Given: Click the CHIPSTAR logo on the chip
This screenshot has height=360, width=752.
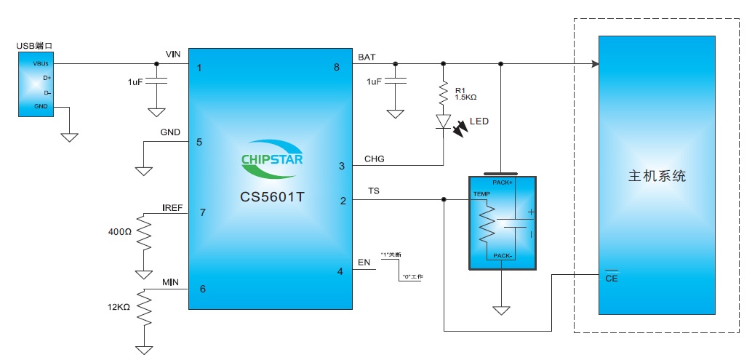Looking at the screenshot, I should [x=271, y=159].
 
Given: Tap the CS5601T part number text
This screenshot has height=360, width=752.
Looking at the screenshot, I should [x=271, y=196].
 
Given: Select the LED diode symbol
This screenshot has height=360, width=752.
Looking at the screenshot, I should [x=443, y=121].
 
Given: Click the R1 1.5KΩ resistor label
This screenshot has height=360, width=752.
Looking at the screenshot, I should [x=465, y=92].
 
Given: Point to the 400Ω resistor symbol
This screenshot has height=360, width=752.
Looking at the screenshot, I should [x=144, y=232].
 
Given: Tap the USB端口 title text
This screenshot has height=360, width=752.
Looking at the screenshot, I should [x=34, y=46].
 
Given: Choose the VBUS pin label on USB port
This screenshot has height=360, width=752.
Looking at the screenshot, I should [x=39, y=64].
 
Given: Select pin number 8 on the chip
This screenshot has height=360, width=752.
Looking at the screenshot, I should [x=337, y=67].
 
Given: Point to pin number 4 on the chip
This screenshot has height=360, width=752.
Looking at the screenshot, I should [x=340, y=271].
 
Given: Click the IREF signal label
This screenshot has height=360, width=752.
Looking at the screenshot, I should [x=172, y=208].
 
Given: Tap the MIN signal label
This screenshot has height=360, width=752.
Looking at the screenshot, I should [x=170, y=282].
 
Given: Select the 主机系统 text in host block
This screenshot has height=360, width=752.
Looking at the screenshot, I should [x=657, y=176].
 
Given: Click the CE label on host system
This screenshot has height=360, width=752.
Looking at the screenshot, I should [x=611, y=277].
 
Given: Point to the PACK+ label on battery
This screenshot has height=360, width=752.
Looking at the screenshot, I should [x=503, y=183].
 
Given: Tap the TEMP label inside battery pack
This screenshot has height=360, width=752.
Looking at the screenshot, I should [x=481, y=194].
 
